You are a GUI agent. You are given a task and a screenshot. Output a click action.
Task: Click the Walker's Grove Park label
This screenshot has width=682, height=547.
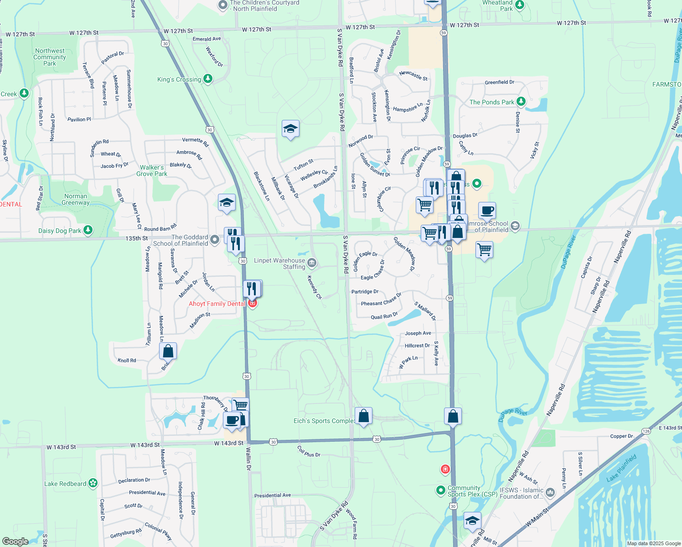coord(152,170)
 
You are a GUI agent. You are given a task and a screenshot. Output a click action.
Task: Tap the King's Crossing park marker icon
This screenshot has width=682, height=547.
coord(208,79)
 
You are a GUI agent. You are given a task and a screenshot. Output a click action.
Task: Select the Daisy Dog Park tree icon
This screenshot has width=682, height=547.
coord(88,230)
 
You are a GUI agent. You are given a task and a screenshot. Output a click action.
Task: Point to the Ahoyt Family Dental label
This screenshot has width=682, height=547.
coord(217,304)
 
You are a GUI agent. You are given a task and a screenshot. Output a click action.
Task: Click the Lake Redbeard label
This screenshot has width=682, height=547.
coord(65,484)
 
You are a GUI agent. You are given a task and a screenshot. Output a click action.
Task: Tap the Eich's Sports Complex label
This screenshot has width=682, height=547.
coord(324,421)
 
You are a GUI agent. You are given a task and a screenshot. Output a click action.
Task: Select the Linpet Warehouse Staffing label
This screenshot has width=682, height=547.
coord(279,263)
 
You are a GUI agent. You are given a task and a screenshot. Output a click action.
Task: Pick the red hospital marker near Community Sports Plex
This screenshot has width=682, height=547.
coord(445,469)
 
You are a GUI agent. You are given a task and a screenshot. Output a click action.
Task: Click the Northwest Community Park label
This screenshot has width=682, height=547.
coord(50,57)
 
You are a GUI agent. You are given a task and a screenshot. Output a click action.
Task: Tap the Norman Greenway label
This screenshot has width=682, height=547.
coord(76,199)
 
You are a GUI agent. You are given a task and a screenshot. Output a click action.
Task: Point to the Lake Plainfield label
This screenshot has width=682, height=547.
coord(621,468)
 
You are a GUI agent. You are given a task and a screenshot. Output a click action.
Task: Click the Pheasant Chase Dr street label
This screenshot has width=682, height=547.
coord(381,300)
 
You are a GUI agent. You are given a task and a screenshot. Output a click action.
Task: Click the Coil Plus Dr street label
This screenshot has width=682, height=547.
coord(309,452)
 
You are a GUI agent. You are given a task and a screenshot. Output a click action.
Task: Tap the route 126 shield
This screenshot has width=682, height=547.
coord(646,431)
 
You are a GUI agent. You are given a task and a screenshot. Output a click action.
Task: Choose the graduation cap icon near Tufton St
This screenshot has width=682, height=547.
coord(290,129)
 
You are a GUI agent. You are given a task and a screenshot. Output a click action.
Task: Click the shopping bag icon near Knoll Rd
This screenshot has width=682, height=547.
coord(168,351)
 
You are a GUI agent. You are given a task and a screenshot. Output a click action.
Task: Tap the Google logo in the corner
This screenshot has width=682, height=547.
coord(15,541)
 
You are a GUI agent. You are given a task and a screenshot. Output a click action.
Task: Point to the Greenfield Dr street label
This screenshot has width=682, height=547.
coord(499,83)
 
